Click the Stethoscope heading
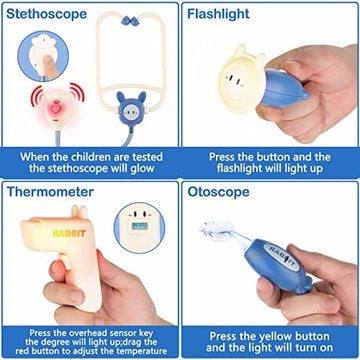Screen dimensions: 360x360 click(x=46, y=14)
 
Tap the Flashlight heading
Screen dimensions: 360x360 click(x=218, y=14)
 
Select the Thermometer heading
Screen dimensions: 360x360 click(x=50, y=192)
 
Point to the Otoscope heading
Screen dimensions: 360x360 click(x=218, y=192)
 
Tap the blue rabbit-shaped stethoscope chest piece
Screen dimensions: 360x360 click(x=131, y=108)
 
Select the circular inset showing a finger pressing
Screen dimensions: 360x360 click(x=43, y=56)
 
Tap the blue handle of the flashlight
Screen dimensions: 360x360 click(x=283, y=89)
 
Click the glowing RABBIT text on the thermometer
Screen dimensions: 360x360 click(x=69, y=233)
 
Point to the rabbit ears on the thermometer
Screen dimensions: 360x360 click(x=79, y=212)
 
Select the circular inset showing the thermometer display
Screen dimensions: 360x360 click(x=139, y=228)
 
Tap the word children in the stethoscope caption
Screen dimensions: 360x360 click(x=89, y=157)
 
